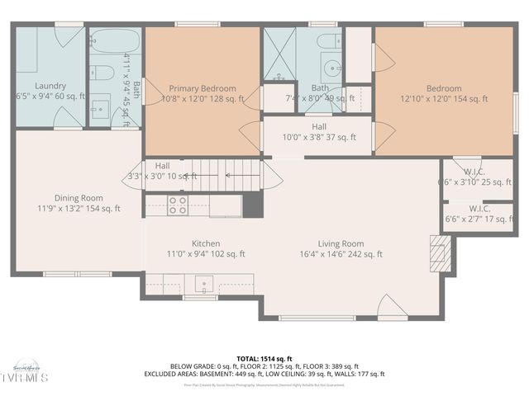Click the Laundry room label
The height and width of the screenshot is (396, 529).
pyautogui.click(x=50, y=86)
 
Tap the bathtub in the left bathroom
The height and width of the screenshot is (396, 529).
pyautogui.click(x=115, y=42)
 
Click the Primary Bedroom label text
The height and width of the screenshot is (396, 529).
pyautogui.click(x=203, y=88)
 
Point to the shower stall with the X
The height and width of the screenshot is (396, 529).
pyautogui.click(x=279, y=54)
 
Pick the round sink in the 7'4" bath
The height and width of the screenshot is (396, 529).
pyautogui.click(x=332, y=68)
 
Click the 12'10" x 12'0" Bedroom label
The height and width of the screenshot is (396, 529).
pyautogui.click(x=445, y=88)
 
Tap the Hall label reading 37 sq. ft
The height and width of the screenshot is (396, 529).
pyautogui.click(x=319, y=127)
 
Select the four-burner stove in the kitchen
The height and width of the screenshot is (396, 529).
pyautogui.click(x=178, y=205)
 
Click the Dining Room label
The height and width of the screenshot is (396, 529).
pyautogui.click(x=79, y=197)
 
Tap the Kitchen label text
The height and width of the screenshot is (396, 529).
pyautogui.click(x=206, y=244)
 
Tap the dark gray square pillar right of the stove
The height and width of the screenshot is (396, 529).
pyautogui.click(x=253, y=205)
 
